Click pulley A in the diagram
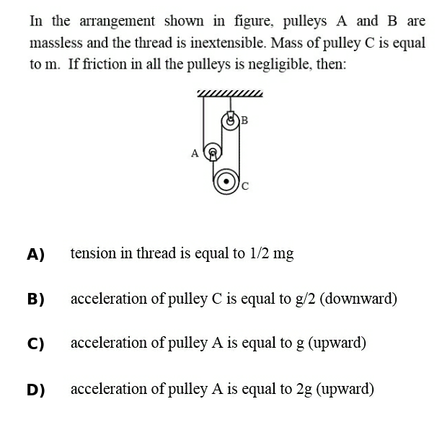pos(213,152)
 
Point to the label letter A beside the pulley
pos(194,153)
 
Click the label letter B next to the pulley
pos(244,119)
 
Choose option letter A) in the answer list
pos(35,254)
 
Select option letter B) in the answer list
pos(35,299)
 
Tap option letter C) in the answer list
pos(35,344)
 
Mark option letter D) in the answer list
pos(35,390)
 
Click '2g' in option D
pos(304,389)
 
